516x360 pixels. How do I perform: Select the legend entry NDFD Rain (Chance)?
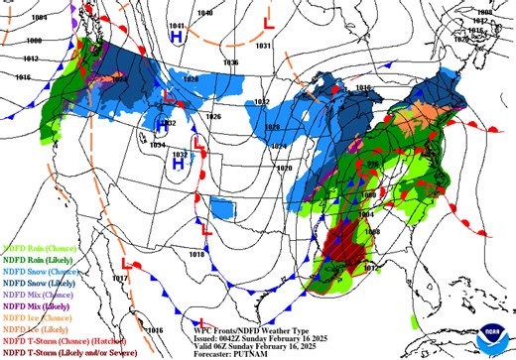37,249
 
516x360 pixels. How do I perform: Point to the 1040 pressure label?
204,13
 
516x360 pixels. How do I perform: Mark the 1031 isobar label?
263,46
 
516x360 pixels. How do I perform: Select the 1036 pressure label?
230,62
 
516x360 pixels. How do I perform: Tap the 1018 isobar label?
195,254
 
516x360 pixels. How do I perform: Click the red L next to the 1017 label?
126,264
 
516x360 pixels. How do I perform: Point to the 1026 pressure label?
212,116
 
